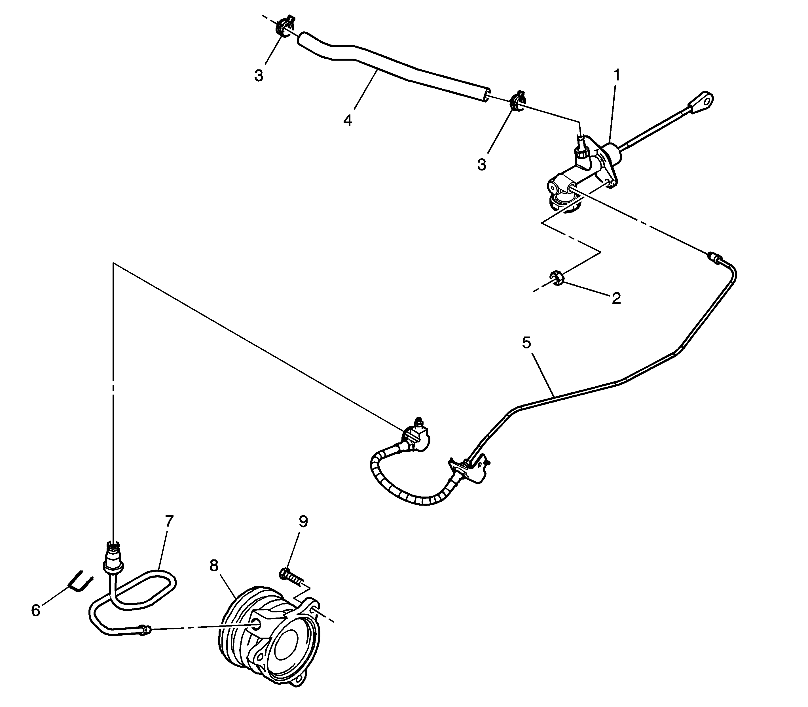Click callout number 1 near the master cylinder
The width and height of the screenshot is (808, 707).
616,75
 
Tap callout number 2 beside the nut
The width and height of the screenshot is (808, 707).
616,298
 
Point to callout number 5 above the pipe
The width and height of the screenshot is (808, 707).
526,343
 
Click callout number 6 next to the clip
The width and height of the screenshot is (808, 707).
35,610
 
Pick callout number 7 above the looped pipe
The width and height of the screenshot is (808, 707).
169,521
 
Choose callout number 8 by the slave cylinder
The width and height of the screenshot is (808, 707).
214,565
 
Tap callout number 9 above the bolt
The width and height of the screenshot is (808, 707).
303,521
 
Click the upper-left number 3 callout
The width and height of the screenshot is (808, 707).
259,76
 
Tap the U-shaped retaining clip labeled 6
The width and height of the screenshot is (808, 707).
81,581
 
